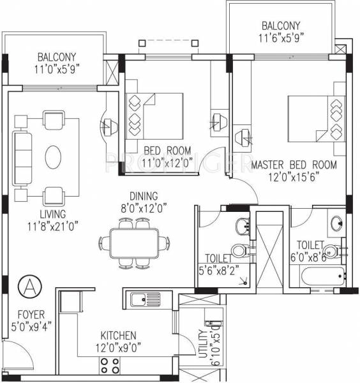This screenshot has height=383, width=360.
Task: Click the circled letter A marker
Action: [x=29, y=285]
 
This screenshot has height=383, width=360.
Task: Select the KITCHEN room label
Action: [x=119, y=335]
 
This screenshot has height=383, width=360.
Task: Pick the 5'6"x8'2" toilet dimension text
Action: [x=219, y=269]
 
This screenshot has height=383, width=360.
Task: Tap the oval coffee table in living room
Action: [x=52, y=155]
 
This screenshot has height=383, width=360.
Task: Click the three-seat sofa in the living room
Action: [x=23, y=155]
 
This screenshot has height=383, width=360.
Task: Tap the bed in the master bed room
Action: [x=315, y=118]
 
